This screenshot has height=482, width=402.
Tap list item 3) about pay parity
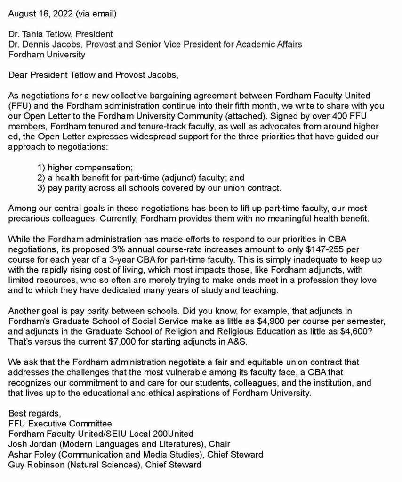(x=159, y=188)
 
